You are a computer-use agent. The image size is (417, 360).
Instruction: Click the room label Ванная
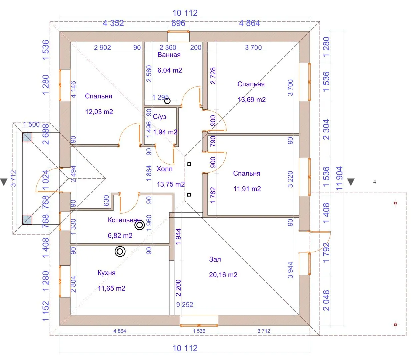click(x=169, y=55)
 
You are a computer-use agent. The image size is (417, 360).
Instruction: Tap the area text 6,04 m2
click(x=170, y=70)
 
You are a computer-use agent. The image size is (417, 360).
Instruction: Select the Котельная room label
click(x=124, y=220)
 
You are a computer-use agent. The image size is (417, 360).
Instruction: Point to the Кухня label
click(x=106, y=273)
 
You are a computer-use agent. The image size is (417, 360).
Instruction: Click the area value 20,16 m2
click(x=223, y=275)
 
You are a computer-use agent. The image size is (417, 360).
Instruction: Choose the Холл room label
click(x=165, y=169)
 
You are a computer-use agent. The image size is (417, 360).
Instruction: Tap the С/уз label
click(x=159, y=117)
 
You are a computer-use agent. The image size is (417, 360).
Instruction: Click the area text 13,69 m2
click(x=252, y=99)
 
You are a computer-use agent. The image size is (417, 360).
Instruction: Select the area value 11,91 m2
click(x=247, y=189)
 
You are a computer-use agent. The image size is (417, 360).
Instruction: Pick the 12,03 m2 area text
click(x=99, y=112)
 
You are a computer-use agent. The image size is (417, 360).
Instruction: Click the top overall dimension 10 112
click(x=185, y=13)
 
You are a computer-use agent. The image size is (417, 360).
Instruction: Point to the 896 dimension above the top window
click(x=178, y=23)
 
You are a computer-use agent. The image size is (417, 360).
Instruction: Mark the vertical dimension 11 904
click(x=339, y=178)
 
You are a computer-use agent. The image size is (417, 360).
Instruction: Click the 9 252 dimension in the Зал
click(x=185, y=304)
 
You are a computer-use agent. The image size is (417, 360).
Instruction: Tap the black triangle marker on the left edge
click(x=4, y=182)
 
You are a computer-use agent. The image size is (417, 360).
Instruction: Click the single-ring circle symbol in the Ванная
click(x=167, y=101)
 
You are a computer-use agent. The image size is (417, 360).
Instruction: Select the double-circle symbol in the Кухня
click(x=120, y=251)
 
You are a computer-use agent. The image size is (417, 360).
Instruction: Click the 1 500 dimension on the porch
click(x=31, y=124)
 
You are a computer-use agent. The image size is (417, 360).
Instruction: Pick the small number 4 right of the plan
click(x=375, y=182)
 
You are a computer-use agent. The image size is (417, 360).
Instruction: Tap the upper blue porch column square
click(x=27, y=137)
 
